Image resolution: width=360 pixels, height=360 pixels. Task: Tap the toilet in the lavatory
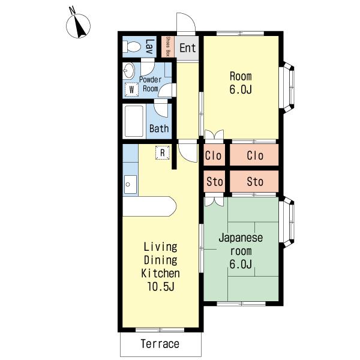tap(131, 47)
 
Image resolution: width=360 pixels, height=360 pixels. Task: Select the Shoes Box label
tap(167, 47)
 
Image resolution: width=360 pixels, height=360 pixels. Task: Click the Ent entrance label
tap(188, 48)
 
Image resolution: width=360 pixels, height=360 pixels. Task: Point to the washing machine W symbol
tap(131, 89)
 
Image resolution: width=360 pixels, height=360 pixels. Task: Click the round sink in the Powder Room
tap(129, 70)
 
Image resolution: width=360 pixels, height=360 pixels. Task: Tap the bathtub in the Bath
tap(134, 121)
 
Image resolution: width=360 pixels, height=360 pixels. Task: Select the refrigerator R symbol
tap(163, 152)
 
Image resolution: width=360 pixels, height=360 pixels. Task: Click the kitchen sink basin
tap(130, 184)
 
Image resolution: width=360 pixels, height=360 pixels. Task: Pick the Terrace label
tap(160, 344)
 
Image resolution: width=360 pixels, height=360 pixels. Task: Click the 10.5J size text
tap(160, 286)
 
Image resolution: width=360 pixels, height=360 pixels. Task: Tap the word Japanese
tap(241, 238)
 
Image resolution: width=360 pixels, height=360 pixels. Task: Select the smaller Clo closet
tap(214, 155)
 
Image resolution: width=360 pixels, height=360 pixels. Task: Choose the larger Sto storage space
tap(254, 181)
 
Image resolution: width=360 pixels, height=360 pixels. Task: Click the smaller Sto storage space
tap(214, 181)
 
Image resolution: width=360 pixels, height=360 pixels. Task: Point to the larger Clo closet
tap(254, 155)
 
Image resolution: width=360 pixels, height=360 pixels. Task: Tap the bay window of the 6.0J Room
tap(287, 87)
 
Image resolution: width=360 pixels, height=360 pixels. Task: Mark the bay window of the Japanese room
tap(287, 222)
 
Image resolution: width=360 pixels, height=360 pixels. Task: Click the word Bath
tap(159, 128)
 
